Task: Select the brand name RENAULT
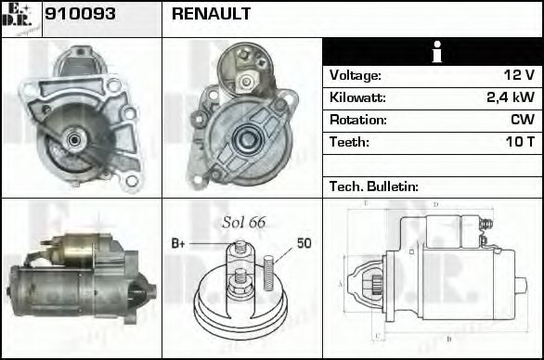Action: (211, 15)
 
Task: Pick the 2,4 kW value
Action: (510, 97)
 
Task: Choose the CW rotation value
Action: (522, 120)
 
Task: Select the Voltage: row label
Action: (355, 75)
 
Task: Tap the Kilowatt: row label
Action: (357, 97)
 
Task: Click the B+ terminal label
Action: (178, 243)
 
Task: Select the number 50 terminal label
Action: (304, 243)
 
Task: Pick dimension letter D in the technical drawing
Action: (435, 204)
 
